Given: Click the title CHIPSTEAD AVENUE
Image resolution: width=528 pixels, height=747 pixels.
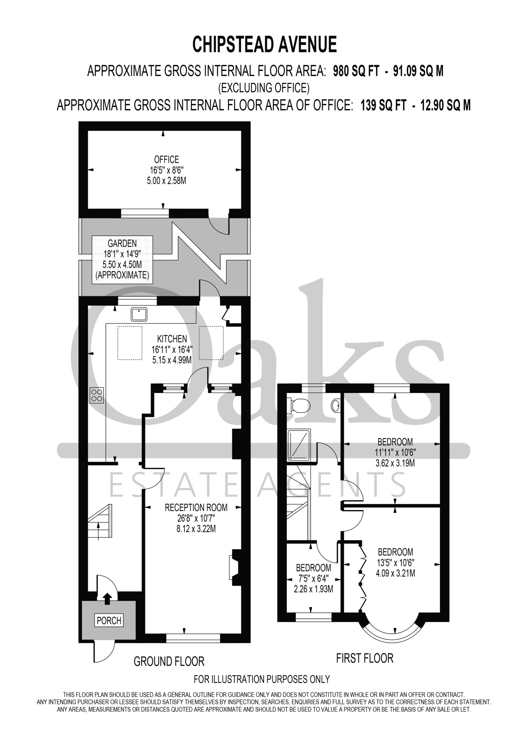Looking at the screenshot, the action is point(265,45).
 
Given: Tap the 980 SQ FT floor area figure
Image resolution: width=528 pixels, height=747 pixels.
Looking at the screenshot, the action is point(356,71).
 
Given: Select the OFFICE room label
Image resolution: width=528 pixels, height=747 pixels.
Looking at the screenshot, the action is point(167,159).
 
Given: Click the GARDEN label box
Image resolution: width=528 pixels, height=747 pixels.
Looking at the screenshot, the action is point(122,260).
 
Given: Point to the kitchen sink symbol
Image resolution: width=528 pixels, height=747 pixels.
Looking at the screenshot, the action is point(139,314).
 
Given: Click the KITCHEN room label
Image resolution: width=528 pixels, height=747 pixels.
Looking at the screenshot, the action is point(172,339).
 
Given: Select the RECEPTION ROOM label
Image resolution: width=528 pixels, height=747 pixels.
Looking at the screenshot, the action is point(196,507).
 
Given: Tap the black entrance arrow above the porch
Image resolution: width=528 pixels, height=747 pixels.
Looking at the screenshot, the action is point(107,599).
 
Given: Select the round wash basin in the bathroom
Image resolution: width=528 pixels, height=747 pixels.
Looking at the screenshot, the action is point(336,406).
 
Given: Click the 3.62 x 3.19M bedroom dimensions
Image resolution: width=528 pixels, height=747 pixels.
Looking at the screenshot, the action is point(395,463).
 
